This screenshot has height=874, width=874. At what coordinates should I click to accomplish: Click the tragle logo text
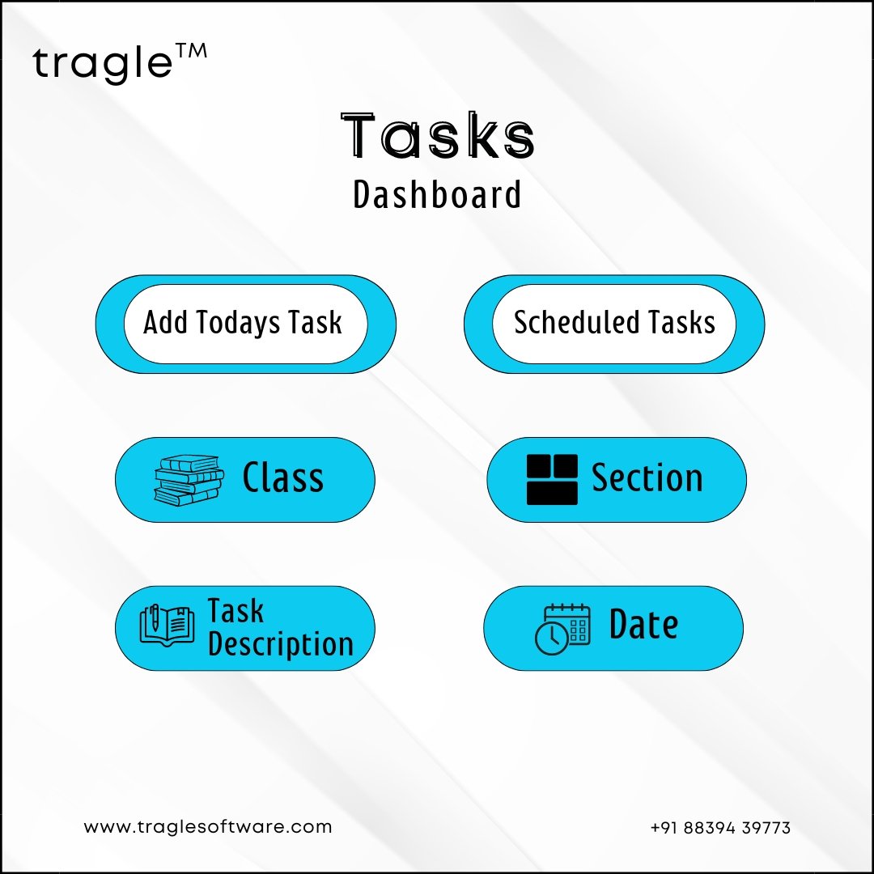[x=103, y=64]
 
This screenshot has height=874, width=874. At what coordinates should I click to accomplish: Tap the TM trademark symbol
[x=191, y=51]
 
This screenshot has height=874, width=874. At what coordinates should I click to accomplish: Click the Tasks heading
[x=438, y=135]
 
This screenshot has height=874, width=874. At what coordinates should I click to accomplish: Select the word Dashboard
[x=438, y=194]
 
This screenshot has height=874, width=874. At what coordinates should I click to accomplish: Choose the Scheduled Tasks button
[x=614, y=324]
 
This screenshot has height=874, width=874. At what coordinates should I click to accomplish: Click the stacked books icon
[x=189, y=480]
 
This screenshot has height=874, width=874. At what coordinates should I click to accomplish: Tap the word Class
[x=283, y=477]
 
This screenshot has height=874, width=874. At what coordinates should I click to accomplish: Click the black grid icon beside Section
[x=552, y=479]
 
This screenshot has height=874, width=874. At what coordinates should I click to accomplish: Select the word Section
[x=647, y=477]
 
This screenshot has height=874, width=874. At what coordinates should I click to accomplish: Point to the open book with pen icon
[x=167, y=626]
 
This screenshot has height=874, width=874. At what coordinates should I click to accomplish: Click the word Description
[x=281, y=644]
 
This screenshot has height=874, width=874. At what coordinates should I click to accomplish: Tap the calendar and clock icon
[x=562, y=630]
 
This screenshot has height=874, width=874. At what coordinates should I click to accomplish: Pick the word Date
[x=644, y=624]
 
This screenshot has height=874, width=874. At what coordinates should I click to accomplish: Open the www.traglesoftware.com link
[x=208, y=826]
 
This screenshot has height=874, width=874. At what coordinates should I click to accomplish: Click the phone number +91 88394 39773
[x=720, y=828]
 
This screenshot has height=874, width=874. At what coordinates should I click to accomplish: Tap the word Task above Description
[x=235, y=611]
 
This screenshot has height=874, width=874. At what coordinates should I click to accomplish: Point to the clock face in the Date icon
[x=552, y=639]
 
